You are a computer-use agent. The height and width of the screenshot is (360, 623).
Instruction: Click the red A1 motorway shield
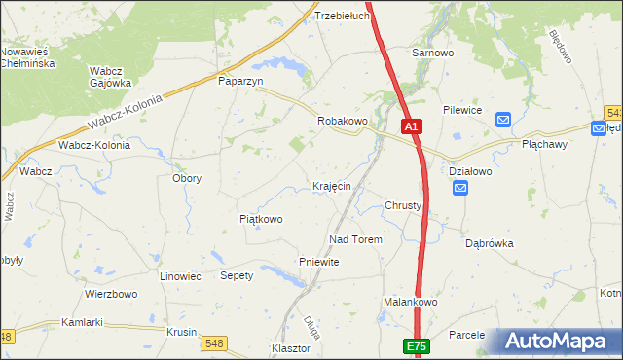click(x=411, y=126)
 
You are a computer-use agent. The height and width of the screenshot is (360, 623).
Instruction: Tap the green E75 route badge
click(x=416, y=345)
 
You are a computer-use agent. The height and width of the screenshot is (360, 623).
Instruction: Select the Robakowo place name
click(x=343, y=121)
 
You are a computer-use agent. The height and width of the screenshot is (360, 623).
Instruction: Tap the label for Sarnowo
click(x=433, y=53)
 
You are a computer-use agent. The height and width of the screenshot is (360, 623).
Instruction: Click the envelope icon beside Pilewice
click(x=503, y=120)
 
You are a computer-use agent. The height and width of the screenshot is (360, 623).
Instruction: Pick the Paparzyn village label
click(x=241, y=82)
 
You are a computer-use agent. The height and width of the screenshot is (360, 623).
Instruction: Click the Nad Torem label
click(x=356, y=239)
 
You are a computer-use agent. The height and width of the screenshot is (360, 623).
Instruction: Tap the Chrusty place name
click(x=403, y=206)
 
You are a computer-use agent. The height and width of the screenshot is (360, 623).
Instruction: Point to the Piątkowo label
click(x=261, y=219)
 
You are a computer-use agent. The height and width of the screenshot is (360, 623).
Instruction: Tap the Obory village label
click(x=187, y=178)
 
